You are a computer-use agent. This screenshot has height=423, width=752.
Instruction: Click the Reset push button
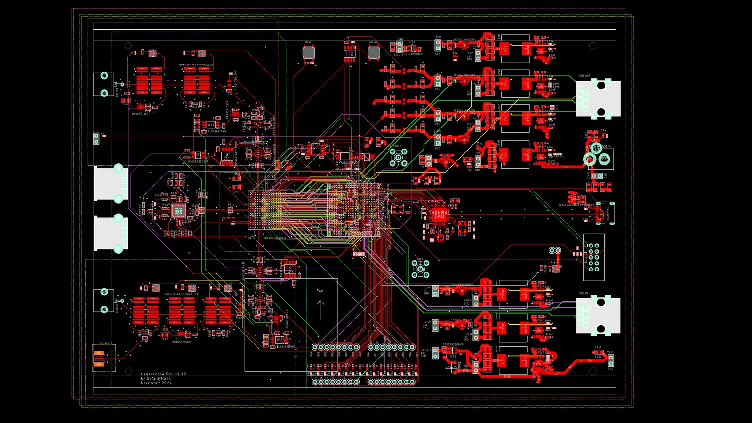(308, 52)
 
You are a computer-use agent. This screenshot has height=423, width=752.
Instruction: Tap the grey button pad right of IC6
(374, 52)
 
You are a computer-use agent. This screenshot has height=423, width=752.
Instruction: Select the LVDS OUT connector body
(598, 98)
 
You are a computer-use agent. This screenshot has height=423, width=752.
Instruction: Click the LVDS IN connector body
(598, 316)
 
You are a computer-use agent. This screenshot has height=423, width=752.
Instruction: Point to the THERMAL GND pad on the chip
(439, 215)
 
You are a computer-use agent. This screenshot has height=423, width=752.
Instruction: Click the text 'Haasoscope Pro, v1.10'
(163, 374)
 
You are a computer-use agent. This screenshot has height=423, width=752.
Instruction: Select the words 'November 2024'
(156, 383)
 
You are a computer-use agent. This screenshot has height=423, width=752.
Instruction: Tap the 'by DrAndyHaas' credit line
(156, 378)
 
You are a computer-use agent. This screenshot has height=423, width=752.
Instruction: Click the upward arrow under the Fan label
(320, 310)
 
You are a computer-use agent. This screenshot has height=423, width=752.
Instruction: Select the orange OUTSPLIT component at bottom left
(99, 358)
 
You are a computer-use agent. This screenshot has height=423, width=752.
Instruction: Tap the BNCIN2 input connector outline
(104, 301)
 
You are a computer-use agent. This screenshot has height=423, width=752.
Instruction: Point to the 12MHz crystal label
(462, 235)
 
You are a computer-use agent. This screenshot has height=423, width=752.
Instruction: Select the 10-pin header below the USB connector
(593, 257)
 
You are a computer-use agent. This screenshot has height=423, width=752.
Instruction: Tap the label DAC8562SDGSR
(198, 161)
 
